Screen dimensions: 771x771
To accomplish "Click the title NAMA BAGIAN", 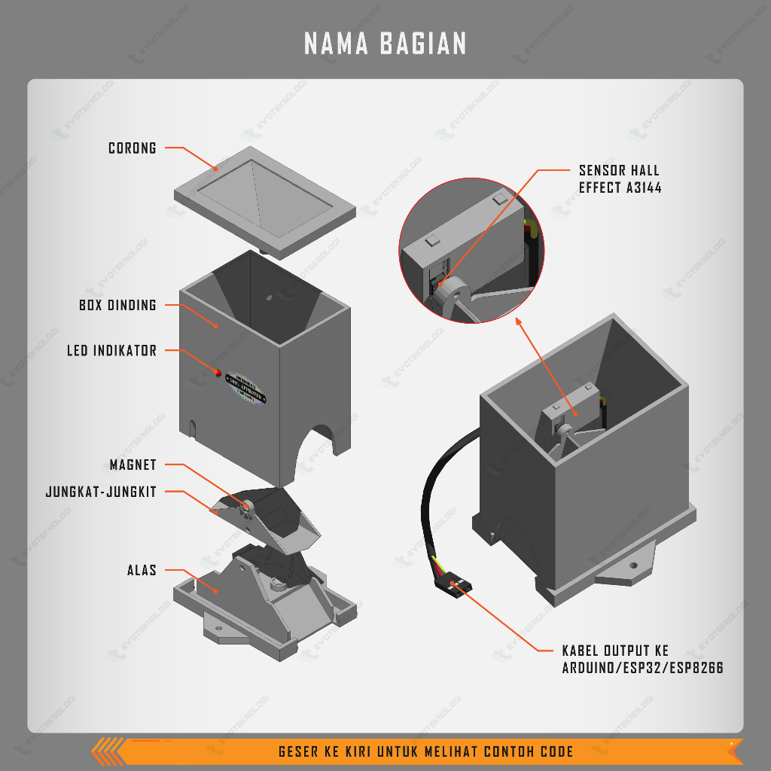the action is pyautogui.click(x=385, y=44).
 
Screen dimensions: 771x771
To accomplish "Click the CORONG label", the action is pyautogui.click(x=133, y=148).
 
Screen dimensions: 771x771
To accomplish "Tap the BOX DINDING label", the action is pyautogui.click(x=117, y=305).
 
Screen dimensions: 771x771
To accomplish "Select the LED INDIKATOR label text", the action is pyautogui.click(x=111, y=351).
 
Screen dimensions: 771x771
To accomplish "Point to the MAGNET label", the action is pyautogui.click(x=133, y=465).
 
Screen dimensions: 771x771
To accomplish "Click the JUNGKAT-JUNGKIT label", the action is pyautogui.click(x=101, y=492).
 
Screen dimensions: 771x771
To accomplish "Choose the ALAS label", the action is pyautogui.click(x=142, y=570).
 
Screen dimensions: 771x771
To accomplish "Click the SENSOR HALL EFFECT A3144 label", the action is pyautogui.click(x=620, y=179).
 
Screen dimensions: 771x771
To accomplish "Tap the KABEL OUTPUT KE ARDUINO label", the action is pyautogui.click(x=642, y=659).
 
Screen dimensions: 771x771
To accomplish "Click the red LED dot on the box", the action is pyautogui.click(x=218, y=373).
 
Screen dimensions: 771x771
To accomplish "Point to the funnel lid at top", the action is pyautogui.click(x=264, y=200).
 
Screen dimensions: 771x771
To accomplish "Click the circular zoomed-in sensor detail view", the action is pyautogui.click(x=470, y=251).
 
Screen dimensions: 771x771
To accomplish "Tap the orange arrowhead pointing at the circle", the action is pyautogui.click(x=518, y=321).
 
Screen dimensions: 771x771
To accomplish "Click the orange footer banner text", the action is pyautogui.click(x=425, y=751).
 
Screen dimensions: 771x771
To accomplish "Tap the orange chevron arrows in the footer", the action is pyautogui.click(x=109, y=751).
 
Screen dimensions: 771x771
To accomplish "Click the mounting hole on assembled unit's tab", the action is pyautogui.click(x=633, y=565).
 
